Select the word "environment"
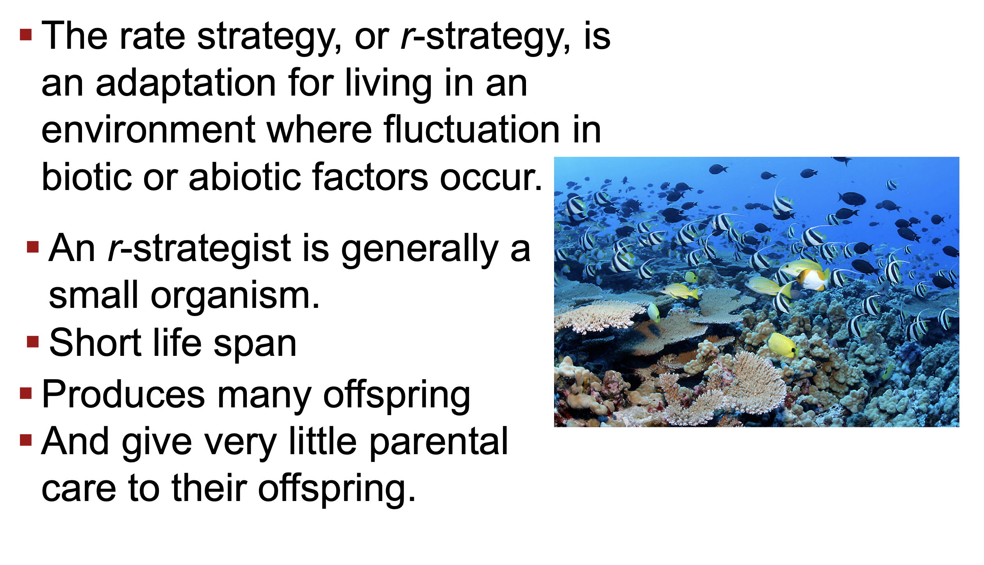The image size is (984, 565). coord(148,130)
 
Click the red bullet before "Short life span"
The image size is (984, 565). coord(33,341)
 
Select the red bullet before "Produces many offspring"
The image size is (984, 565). coord(26,393)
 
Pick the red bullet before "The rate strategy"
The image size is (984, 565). coord(26,35)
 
